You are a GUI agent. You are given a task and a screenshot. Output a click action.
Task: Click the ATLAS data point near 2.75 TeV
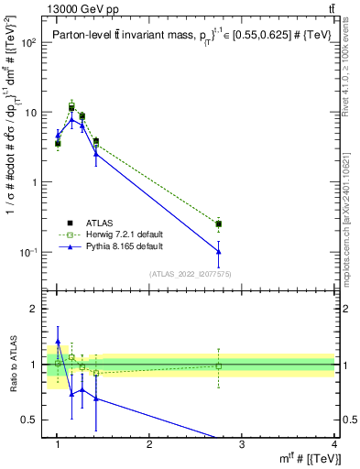pyautogui.click(x=219, y=224)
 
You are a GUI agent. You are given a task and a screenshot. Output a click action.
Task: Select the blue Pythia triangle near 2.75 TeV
pyautogui.click(x=219, y=251)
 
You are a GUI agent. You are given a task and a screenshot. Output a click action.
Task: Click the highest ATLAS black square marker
pyautogui.click(x=71, y=108)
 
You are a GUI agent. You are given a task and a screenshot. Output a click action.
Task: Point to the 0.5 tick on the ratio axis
pyautogui.click(x=28, y=420)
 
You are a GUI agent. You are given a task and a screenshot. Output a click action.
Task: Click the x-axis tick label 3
pyautogui.click(x=242, y=444)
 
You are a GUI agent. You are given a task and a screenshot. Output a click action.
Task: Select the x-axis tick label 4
pyautogui.click(x=333, y=444)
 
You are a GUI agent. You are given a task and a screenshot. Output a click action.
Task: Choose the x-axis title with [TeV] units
pyautogui.click(x=307, y=458)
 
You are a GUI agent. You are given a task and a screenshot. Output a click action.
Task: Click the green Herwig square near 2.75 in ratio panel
pyautogui.click(x=219, y=366)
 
